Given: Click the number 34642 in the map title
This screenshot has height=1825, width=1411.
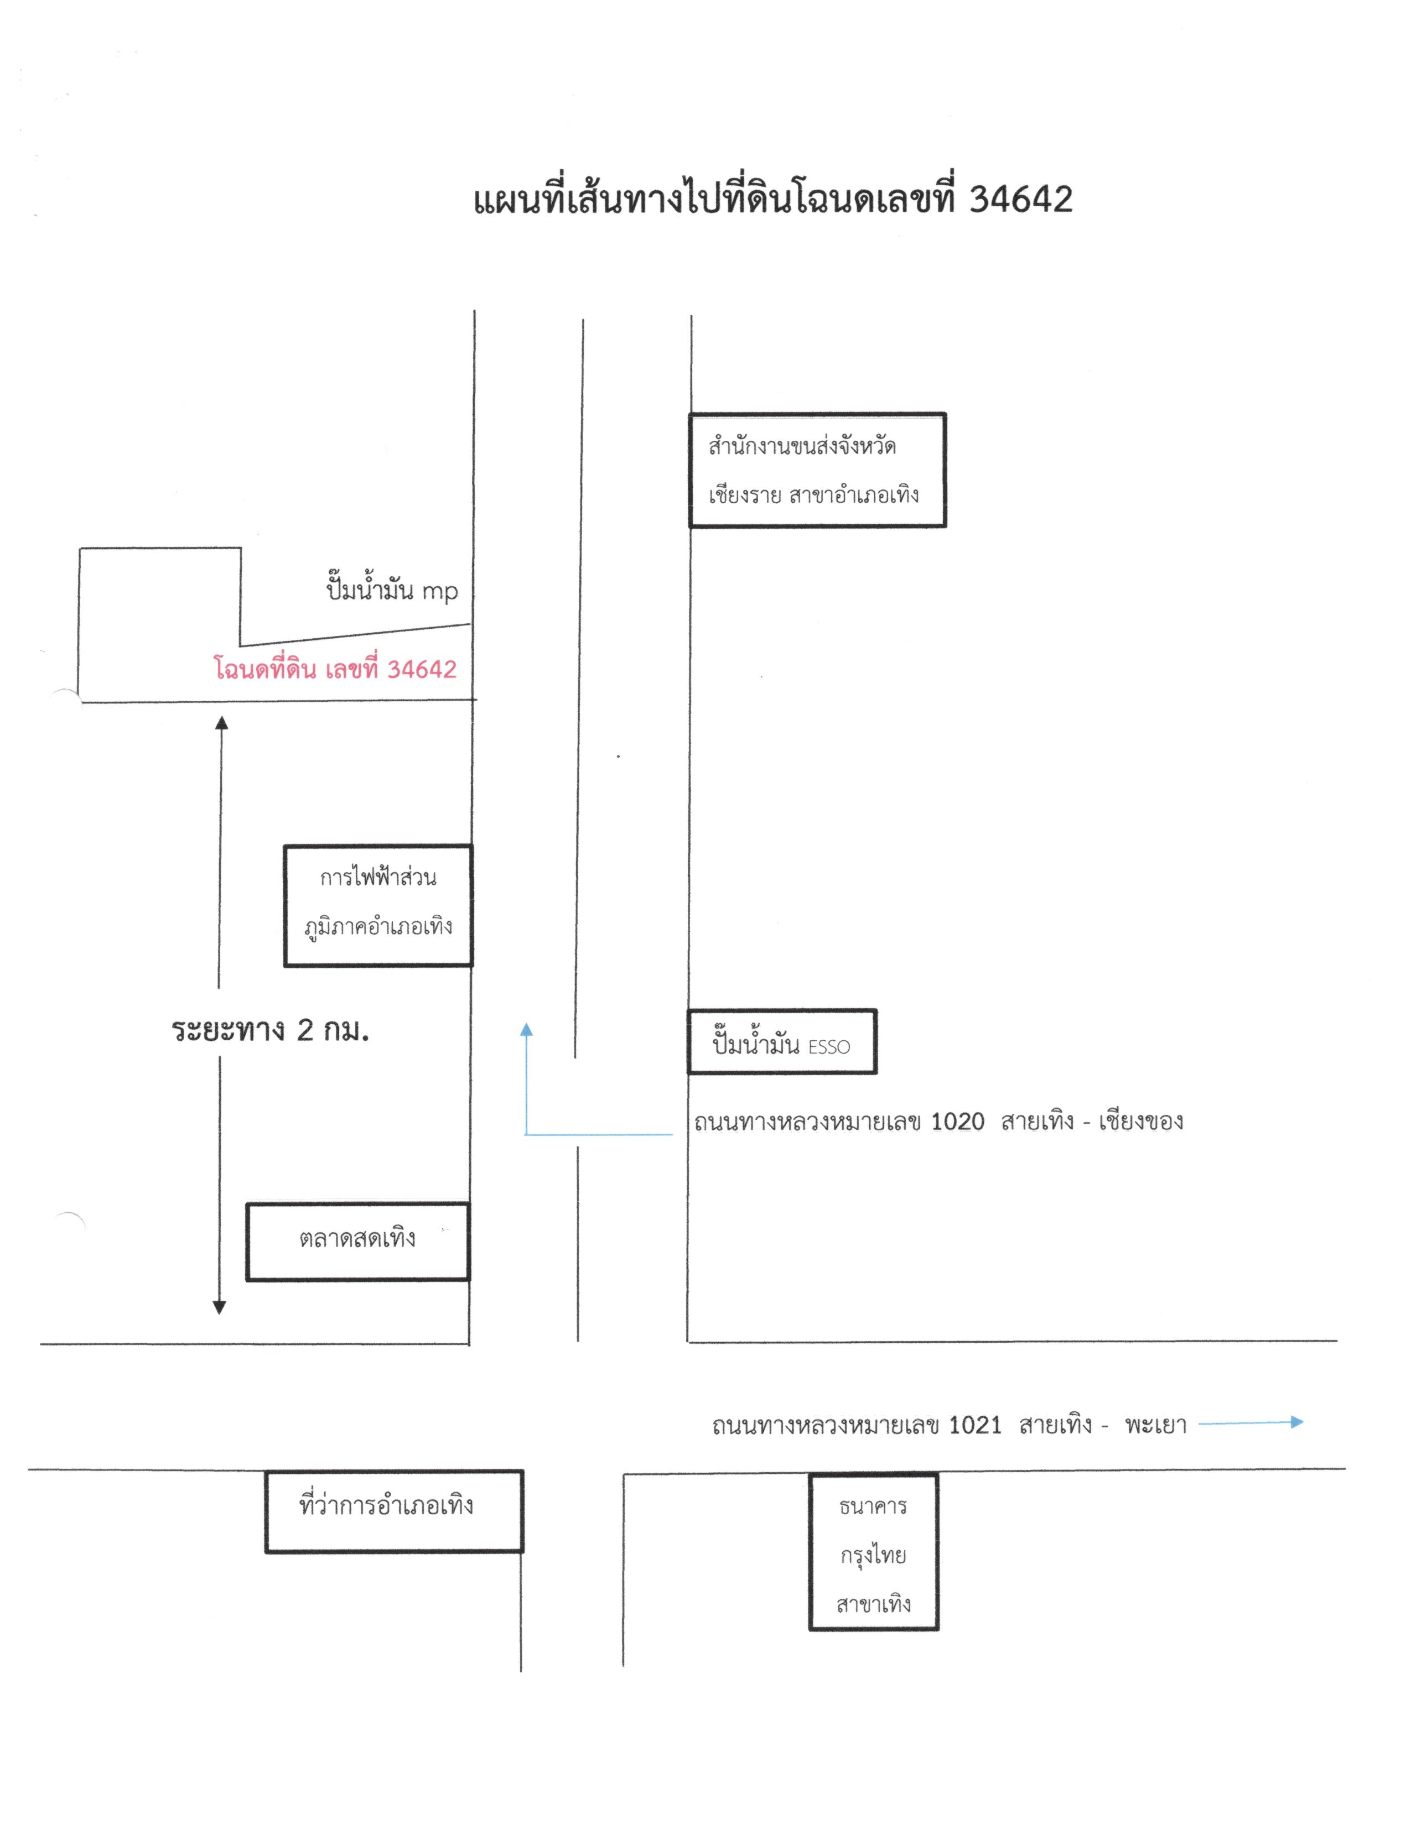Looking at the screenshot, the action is [x=1021, y=200].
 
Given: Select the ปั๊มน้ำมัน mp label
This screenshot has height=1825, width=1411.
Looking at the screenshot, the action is [x=392, y=589].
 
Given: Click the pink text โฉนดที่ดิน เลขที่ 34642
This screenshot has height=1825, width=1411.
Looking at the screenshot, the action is [x=335, y=669].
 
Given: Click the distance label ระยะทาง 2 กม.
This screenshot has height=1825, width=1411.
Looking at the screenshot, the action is [x=270, y=1030].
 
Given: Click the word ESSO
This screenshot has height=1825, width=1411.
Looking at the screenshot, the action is [x=829, y=1047].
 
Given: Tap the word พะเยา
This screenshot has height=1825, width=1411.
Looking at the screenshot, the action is [x=1155, y=1425].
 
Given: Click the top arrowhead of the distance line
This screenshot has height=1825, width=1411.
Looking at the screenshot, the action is [x=221, y=723].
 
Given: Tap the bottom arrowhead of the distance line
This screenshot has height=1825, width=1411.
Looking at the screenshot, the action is [x=220, y=1308].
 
